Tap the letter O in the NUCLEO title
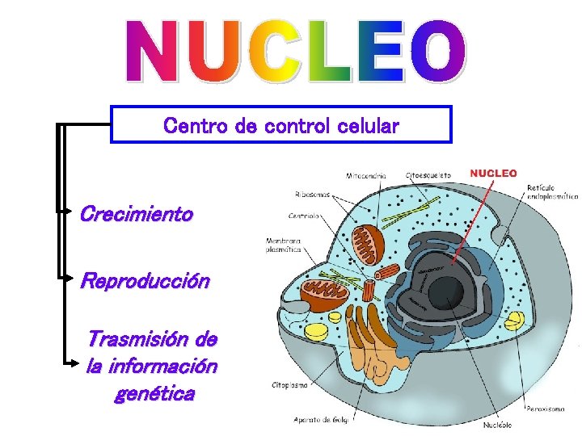pyautogui.click(x=437, y=51)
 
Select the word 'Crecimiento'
pyautogui.click(x=136, y=215)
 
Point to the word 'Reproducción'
pyautogui.click(x=145, y=281)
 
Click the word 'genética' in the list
pyautogui.click(x=154, y=395)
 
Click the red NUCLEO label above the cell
pyautogui.click(x=493, y=173)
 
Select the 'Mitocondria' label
pyautogui.click(x=365, y=175)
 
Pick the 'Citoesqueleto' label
pyautogui.click(x=428, y=174)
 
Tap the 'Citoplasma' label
pyautogui.click(x=289, y=385)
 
